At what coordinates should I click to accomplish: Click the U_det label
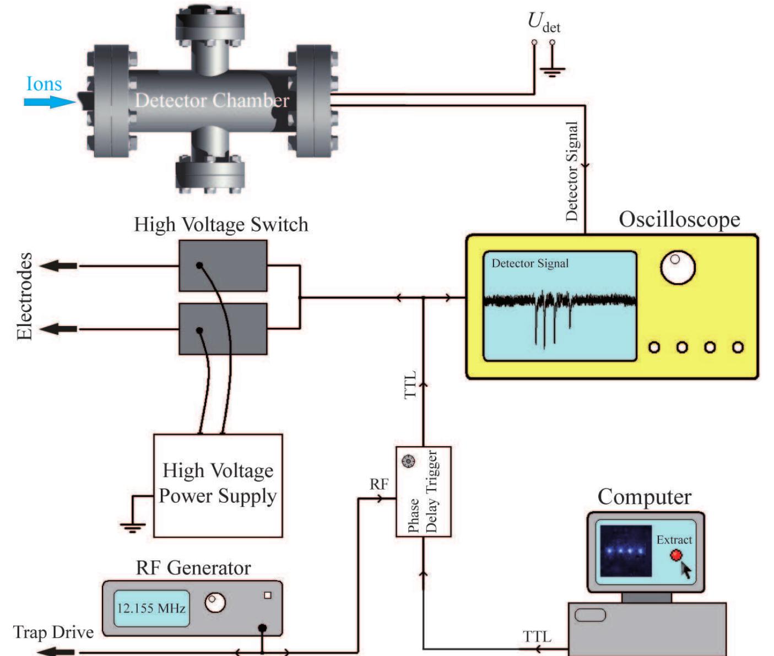coord(543,22)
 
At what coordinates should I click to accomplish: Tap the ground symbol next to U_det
coord(552,69)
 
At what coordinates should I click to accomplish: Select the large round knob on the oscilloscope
coord(678,268)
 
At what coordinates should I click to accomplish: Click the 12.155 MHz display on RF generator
coord(151,609)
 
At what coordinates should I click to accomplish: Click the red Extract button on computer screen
coord(676,555)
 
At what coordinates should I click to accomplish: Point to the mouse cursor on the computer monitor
coord(686,570)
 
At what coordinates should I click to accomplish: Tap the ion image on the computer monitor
coord(625,551)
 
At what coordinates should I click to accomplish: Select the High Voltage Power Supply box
coord(218,485)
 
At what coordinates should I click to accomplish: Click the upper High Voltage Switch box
coord(223,265)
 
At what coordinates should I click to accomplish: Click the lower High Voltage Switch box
coord(223,329)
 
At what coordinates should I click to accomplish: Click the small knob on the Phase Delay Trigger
coord(408,461)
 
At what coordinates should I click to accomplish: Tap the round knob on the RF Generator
coord(215,603)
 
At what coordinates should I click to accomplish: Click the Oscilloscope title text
coord(679,219)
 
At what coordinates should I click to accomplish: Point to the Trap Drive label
coord(53,632)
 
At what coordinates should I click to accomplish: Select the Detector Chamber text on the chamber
coord(212,100)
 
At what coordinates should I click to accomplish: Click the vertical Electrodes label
coord(24,296)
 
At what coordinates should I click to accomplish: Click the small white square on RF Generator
coord(268,595)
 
